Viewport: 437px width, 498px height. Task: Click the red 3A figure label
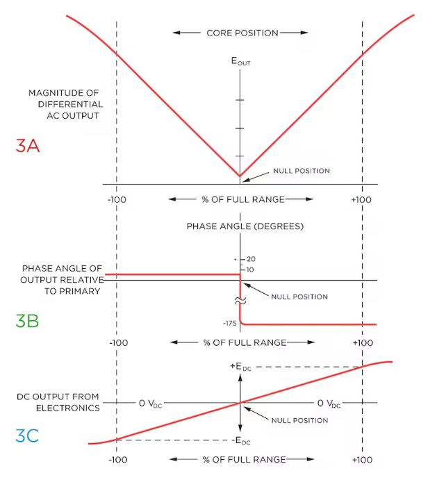click(28, 146)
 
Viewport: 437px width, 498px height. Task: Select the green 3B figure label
click(27, 321)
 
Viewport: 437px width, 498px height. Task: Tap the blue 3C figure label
click(27, 435)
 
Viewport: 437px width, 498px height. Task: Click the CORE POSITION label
click(242, 33)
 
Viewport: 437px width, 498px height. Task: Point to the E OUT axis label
click(240, 61)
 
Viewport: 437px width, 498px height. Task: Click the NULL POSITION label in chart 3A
click(302, 171)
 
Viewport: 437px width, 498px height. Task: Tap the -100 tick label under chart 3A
click(117, 200)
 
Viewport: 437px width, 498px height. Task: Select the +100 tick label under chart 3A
click(361, 200)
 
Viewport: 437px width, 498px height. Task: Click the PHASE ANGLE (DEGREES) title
click(245, 226)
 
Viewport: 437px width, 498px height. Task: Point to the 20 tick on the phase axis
click(251, 259)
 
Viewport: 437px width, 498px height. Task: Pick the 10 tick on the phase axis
click(250, 270)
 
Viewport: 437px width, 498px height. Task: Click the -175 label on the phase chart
click(230, 324)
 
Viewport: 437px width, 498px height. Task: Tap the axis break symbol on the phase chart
click(240, 301)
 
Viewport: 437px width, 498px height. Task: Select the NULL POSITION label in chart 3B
click(299, 297)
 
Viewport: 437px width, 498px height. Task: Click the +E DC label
click(240, 367)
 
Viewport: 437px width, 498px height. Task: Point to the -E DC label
click(241, 441)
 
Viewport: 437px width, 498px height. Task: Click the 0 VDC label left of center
click(151, 404)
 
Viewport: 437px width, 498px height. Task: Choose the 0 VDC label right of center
click(329, 404)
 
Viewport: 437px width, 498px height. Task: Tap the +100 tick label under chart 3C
click(363, 460)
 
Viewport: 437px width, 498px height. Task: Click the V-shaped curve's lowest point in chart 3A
click(240, 176)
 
